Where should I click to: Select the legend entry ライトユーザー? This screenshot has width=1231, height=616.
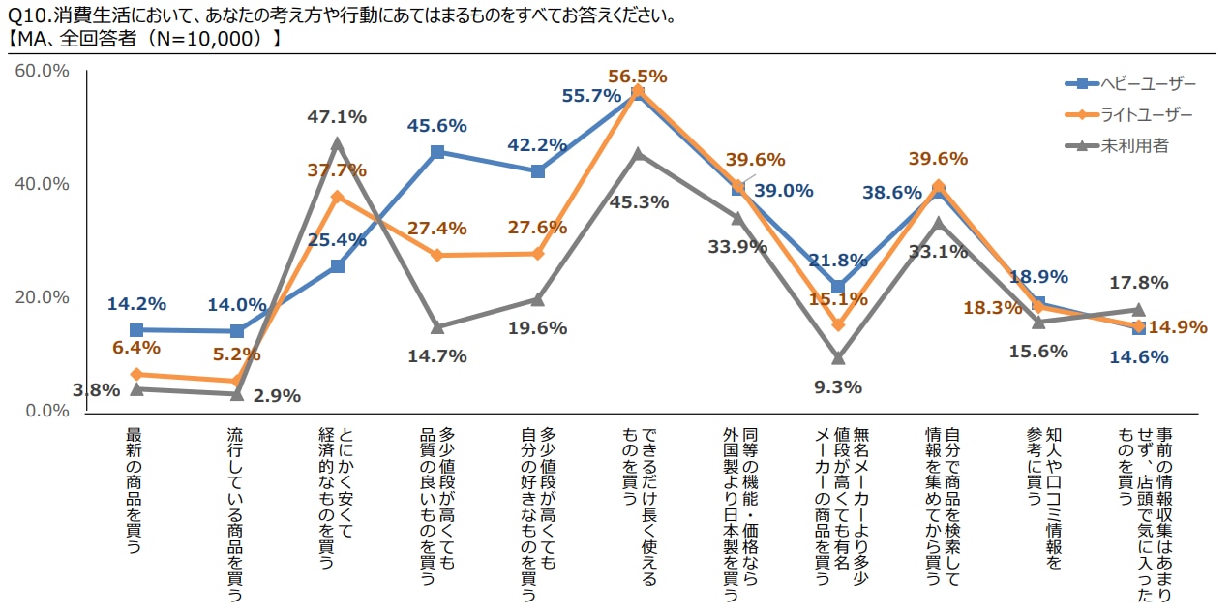point(1146,114)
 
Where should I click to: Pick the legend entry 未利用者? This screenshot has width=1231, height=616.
point(1134,145)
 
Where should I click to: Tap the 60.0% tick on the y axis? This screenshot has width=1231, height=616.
point(42,71)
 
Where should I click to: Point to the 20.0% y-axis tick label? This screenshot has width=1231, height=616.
point(42,297)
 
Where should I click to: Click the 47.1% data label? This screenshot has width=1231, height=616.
point(337,117)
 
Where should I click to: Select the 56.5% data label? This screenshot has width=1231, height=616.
point(638,76)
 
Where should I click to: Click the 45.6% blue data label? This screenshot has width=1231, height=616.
point(437,125)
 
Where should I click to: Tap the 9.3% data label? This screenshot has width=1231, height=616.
point(838,387)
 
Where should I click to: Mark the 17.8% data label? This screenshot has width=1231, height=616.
point(1139,283)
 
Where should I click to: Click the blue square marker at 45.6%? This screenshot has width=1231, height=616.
point(437,152)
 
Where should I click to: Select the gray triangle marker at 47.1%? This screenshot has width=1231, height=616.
point(337,143)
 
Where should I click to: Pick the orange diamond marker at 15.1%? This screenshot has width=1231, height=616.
point(838,324)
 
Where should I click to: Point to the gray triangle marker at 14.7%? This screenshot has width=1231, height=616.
point(437,327)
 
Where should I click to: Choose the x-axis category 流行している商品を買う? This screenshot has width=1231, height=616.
point(234,513)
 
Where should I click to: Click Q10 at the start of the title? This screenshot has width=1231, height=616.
point(23,16)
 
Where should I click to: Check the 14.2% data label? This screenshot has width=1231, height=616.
point(136,303)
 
